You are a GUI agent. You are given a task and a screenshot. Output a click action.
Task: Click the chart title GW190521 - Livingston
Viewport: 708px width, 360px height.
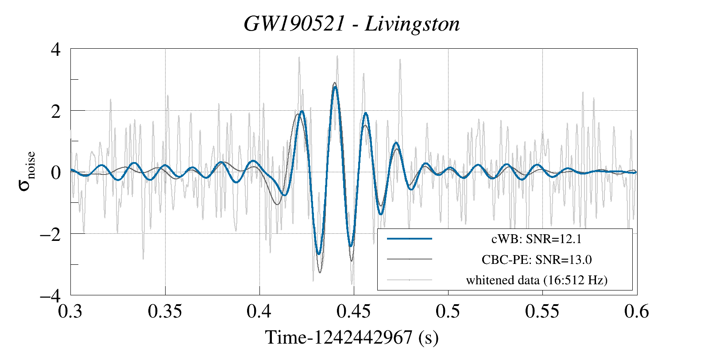click(x=352, y=24)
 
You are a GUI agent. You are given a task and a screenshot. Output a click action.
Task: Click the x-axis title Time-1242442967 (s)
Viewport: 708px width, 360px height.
click(x=352, y=337)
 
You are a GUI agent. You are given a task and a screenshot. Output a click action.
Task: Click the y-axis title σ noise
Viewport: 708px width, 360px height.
click(x=27, y=171)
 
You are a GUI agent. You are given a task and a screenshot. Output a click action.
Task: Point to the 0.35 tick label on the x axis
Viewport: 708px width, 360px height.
click(x=165, y=311)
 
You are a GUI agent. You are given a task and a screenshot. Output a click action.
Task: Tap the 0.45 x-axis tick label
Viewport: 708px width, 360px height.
click(x=354, y=311)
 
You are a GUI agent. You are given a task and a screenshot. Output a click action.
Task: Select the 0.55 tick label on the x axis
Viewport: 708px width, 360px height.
click(x=542, y=311)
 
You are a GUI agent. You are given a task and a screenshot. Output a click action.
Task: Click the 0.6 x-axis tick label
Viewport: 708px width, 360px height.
click(x=637, y=311)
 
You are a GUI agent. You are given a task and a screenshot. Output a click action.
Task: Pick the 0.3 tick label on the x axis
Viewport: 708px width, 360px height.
click(x=70, y=311)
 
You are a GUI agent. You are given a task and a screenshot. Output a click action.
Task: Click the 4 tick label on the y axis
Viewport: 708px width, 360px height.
click(x=56, y=50)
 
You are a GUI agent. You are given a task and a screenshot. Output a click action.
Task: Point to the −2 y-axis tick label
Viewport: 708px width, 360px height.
click(x=50, y=235)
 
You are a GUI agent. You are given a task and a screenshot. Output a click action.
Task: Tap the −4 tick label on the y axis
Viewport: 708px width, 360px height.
click(x=50, y=296)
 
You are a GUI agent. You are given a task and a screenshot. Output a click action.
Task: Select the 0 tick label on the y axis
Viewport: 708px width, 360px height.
click(x=56, y=173)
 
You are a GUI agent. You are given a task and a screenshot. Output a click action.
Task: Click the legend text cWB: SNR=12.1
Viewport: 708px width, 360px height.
click(x=536, y=239)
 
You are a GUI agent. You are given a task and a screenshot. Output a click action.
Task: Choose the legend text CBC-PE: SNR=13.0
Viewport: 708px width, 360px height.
click(x=536, y=260)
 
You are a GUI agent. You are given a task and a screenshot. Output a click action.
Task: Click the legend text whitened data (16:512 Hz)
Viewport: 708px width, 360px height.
click(x=537, y=280)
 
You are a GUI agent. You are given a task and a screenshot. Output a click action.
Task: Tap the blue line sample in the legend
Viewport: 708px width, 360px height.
click(x=410, y=239)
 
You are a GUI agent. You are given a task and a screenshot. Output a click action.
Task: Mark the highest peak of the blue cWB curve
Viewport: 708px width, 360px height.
click(x=335, y=87)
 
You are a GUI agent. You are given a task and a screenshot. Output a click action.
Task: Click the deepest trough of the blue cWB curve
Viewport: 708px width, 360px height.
click(x=319, y=254)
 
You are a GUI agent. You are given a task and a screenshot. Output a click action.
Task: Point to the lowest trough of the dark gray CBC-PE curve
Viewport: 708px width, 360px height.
click(x=320, y=272)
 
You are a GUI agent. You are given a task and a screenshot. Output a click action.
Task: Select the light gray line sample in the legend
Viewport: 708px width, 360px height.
click(x=410, y=280)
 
